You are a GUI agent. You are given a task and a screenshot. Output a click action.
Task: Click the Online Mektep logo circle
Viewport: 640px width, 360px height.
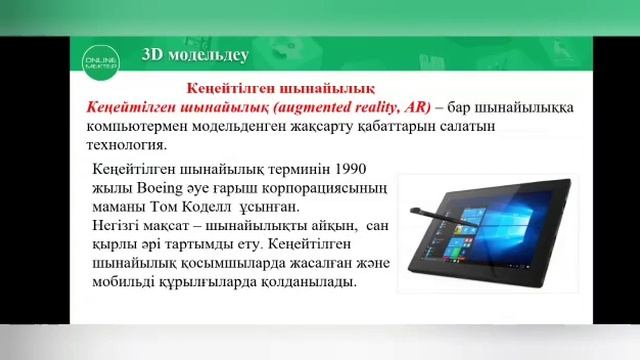click(107, 59)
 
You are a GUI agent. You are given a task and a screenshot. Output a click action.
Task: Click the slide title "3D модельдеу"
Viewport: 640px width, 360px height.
click(196, 55)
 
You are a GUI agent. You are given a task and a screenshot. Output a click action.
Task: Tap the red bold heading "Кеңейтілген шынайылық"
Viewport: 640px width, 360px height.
click(267, 88)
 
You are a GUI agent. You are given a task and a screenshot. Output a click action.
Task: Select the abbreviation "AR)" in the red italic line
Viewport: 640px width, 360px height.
click(413, 107)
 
